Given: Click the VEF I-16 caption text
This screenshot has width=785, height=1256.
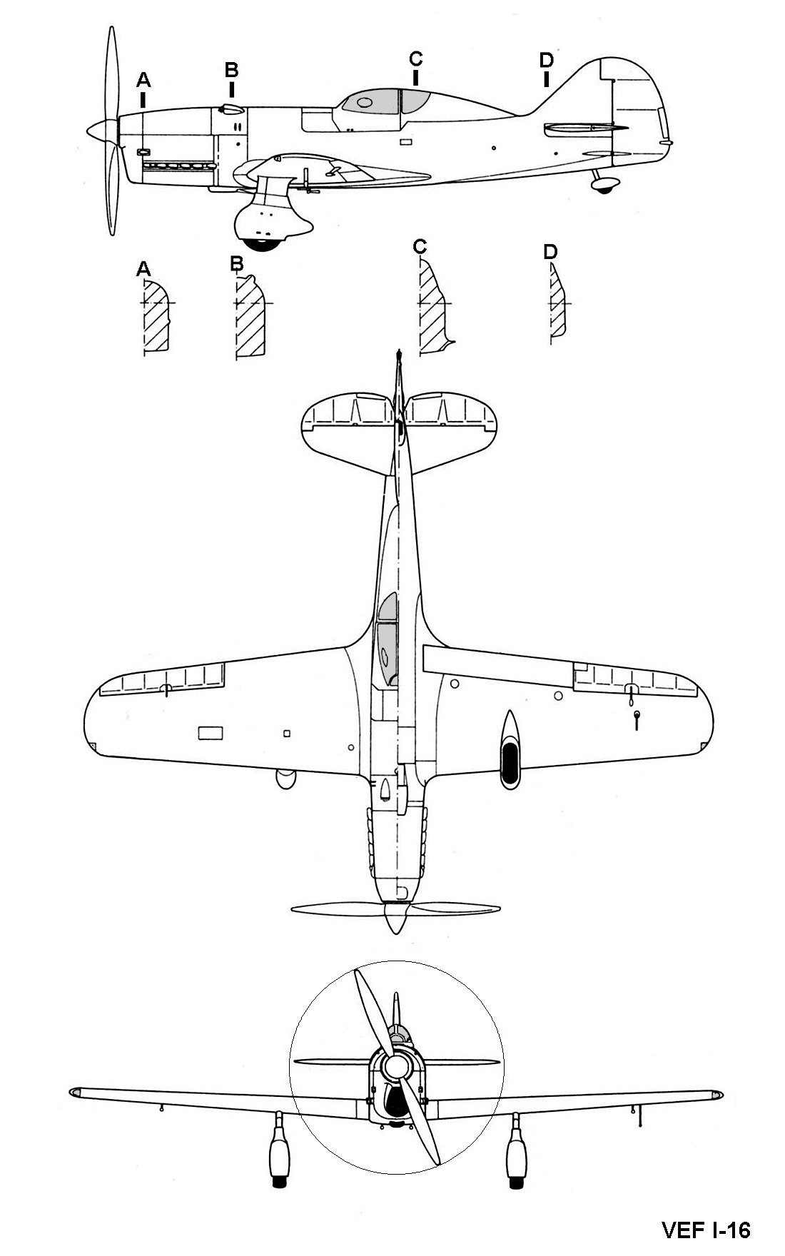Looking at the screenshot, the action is (x=706, y=1230).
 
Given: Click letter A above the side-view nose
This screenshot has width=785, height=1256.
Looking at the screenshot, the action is (x=144, y=78).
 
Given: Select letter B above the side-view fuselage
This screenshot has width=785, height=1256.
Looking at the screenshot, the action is (x=231, y=69).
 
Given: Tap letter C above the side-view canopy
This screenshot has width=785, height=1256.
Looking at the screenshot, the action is (x=416, y=58).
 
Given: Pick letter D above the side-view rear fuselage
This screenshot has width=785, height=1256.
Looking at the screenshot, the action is (x=546, y=59).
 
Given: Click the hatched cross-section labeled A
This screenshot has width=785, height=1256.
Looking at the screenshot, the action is (x=156, y=316).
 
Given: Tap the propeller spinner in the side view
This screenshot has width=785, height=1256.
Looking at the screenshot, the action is (x=101, y=130).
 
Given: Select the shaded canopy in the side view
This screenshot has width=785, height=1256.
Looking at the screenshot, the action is (x=386, y=101).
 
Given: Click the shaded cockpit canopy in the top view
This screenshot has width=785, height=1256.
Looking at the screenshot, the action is (x=387, y=639).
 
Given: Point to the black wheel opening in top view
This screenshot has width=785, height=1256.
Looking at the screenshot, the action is (x=511, y=764).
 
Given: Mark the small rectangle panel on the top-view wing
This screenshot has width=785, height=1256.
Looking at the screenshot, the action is (x=210, y=732).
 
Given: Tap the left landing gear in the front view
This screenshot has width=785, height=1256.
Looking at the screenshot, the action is (x=279, y=1148).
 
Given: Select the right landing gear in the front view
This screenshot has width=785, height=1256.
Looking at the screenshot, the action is (x=517, y=1148).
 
